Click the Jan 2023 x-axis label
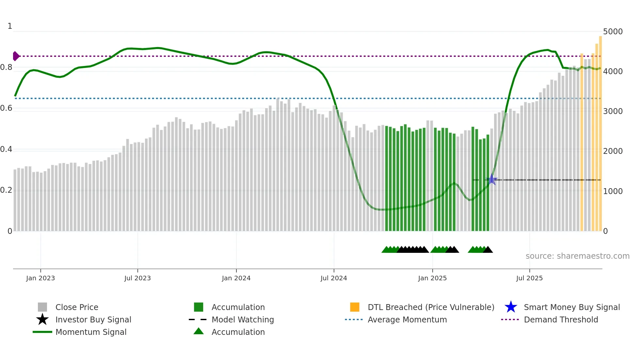(40, 278)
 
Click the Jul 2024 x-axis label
(334, 278)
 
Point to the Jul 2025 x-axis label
(529, 278)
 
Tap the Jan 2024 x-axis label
(236, 278)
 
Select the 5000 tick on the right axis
(613, 32)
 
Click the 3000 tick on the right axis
(613, 111)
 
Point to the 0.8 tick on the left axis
(6, 68)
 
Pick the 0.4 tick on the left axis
(6, 150)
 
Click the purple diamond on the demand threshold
(16, 56)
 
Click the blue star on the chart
(492, 179)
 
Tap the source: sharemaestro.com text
(577, 256)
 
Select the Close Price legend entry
(77, 307)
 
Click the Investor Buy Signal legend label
(93, 319)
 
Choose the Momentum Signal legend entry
(91, 332)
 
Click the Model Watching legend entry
(243, 319)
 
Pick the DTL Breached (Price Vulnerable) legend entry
(431, 307)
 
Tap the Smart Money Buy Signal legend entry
(571, 307)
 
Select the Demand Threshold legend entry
(561, 319)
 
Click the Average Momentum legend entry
(407, 319)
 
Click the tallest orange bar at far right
(600, 131)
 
